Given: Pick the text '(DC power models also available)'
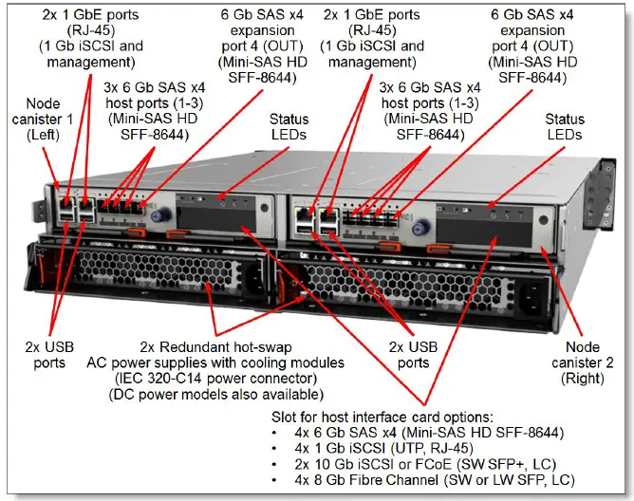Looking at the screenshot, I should point(230,396).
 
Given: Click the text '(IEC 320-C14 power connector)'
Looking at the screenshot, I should point(228,380).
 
